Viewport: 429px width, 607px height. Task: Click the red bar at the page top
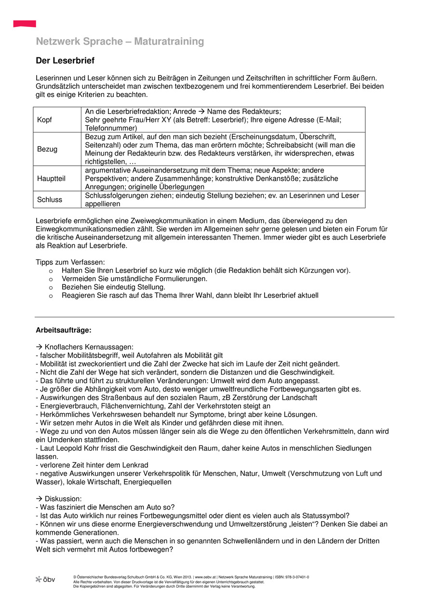coord(25,24)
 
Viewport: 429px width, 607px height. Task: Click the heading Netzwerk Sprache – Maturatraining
coord(120,41)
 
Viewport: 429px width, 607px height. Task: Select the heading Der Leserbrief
coord(65,61)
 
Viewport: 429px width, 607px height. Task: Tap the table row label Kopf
coord(44,120)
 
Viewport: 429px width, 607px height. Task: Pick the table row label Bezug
coord(47,149)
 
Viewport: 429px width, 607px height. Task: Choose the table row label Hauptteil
coord(51,178)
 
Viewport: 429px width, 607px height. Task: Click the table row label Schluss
coord(50,199)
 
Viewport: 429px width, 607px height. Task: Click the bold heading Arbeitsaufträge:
coord(64,330)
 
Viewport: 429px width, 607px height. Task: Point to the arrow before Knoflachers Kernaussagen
coord(39,347)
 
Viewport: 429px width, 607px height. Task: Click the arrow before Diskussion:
coord(39,499)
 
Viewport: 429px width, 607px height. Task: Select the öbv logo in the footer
coord(45,579)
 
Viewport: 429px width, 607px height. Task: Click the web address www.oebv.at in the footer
coord(204,577)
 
